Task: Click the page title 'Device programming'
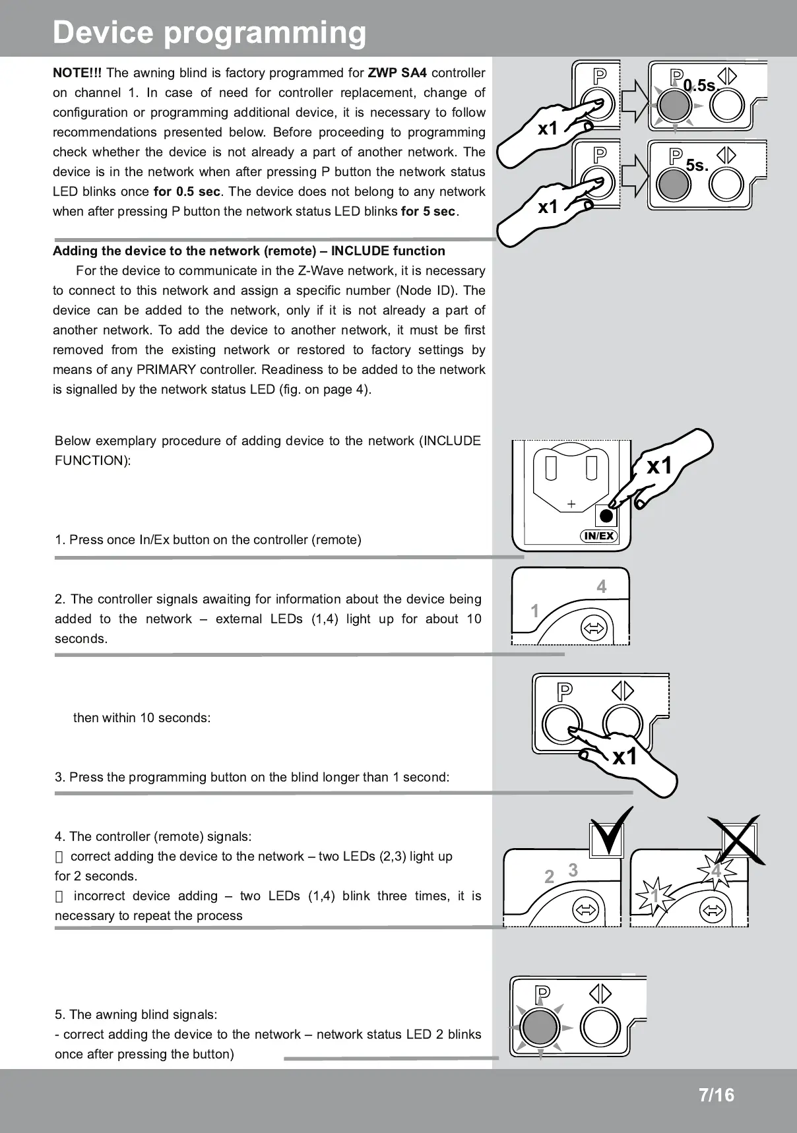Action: click(x=209, y=32)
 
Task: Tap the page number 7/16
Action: click(x=716, y=1095)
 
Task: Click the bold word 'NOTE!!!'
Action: click(x=77, y=73)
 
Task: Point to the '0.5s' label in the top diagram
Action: click(x=699, y=86)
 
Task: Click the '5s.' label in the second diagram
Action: click(x=697, y=165)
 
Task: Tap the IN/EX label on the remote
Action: click(x=599, y=536)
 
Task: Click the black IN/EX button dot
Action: click(x=607, y=516)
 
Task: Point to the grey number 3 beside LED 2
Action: click(x=573, y=870)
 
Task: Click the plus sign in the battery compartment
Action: click(x=571, y=505)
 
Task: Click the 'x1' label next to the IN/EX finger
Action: click(x=659, y=466)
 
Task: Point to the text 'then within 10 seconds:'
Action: click(x=142, y=718)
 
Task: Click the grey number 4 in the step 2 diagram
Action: click(x=601, y=586)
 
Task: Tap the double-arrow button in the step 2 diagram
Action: click(x=593, y=628)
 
